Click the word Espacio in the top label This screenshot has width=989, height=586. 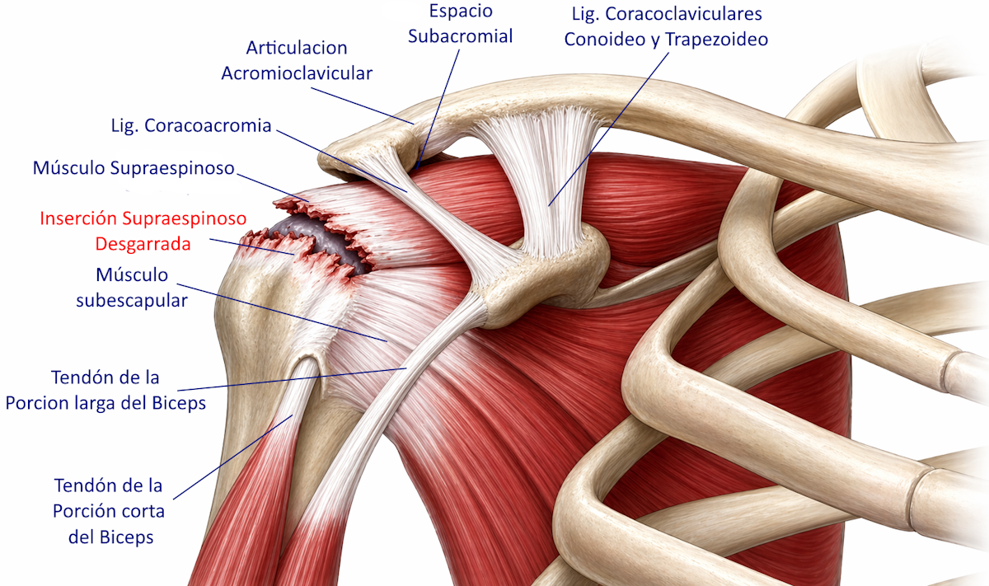(461, 12)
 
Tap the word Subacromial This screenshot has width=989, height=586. (460, 36)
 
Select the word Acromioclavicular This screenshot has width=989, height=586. (297, 73)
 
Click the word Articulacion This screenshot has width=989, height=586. (297, 48)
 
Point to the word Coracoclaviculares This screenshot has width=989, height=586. (683, 14)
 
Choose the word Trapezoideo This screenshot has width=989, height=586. (716, 40)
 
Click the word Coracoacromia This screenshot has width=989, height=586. (208, 126)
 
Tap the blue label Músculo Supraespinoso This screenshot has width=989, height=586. (134, 168)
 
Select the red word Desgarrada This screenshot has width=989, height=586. (143, 244)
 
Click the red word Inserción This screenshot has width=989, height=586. (78, 218)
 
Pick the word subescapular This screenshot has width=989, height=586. (132, 301)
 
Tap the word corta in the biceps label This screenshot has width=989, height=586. (144, 511)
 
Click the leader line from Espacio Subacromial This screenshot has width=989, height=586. (438, 109)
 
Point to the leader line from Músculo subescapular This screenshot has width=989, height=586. (282, 312)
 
